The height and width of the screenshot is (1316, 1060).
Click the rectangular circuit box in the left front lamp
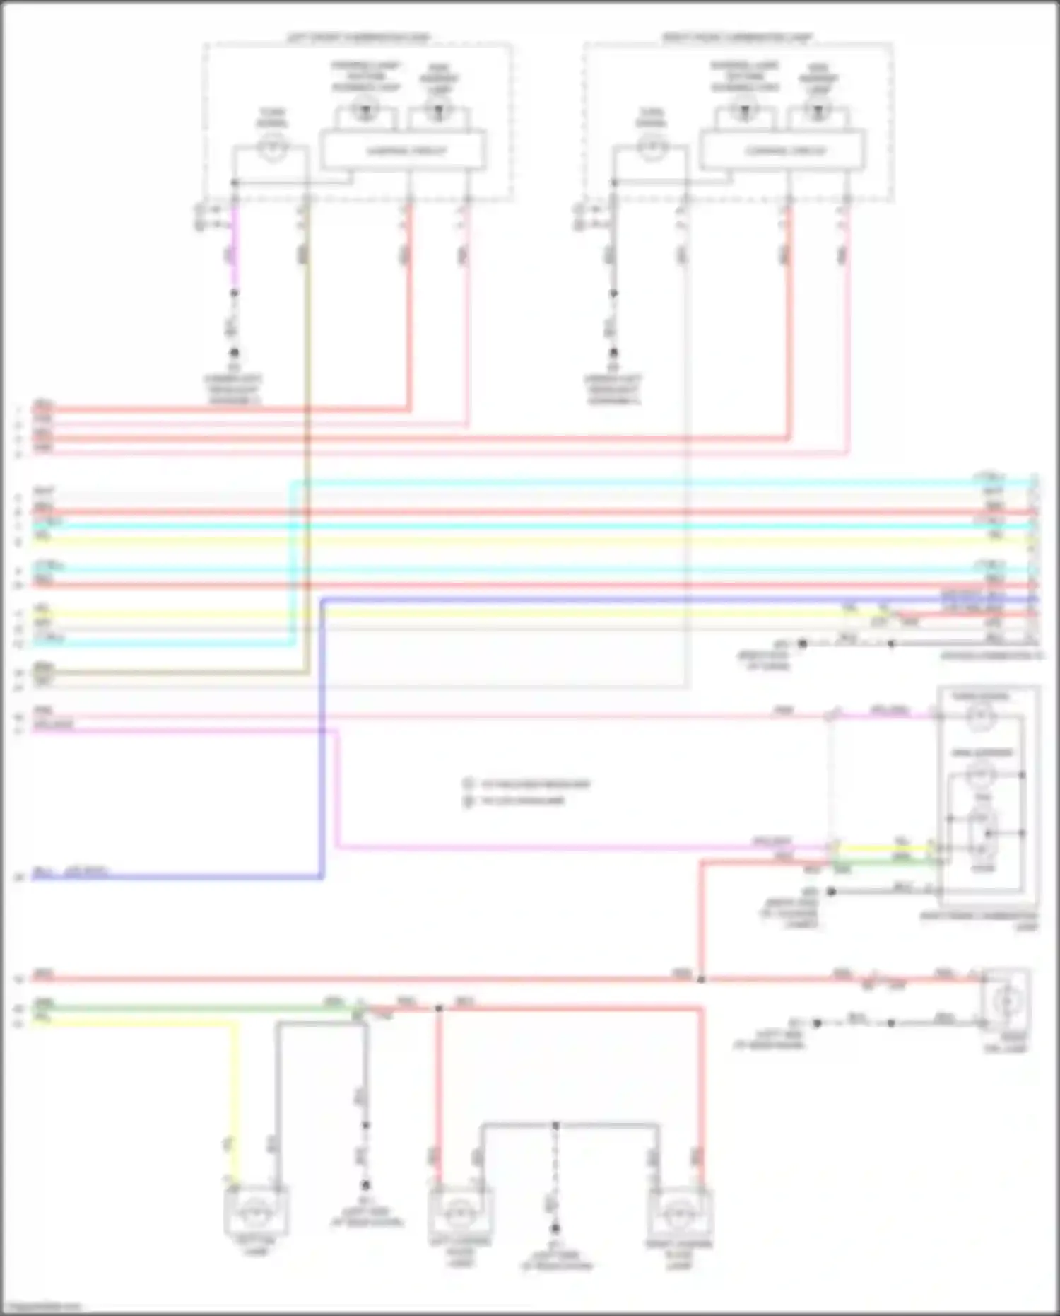[x=403, y=150]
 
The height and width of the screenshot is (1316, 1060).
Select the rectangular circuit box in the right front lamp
[x=783, y=150]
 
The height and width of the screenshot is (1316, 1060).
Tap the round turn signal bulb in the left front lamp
[x=272, y=148]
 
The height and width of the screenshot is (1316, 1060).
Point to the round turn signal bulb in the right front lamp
[x=651, y=148]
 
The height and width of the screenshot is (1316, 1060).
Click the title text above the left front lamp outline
[x=358, y=37]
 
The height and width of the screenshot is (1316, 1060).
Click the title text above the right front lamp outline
[x=736, y=37]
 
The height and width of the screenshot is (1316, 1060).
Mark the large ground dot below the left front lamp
[x=234, y=353]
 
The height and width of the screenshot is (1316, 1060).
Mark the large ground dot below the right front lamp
[x=613, y=353]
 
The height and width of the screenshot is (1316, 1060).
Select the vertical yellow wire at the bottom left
[x=235, y=1103]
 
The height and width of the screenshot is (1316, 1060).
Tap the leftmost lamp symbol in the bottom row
[x=256, y=1212]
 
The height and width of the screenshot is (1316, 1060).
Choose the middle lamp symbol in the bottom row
[x=460, y=1213]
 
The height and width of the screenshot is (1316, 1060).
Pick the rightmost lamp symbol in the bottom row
[x=678, y=1213]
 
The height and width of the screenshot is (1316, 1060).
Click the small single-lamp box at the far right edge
[x=1006, y=1001]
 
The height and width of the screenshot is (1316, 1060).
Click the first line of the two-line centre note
[x=535, y=784]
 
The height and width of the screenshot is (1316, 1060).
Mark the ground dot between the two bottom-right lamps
[x=555, y=1229]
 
